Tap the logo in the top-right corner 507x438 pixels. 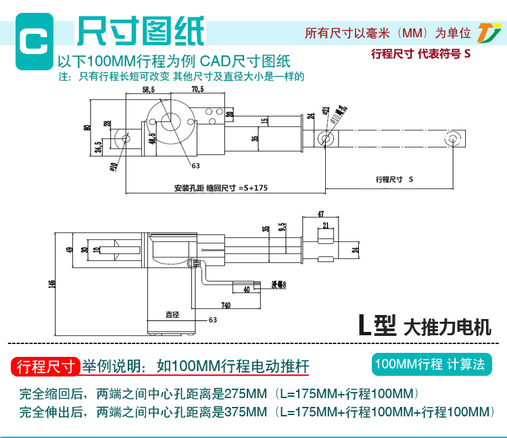click(486, 32)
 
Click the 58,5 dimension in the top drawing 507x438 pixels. click(148, 89)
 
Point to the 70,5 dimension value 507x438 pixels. click(197, 89)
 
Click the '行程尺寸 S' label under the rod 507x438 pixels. click(393, 180)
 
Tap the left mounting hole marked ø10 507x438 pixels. click(126, 137)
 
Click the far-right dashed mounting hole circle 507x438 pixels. click(454, 139)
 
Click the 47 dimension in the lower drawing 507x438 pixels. click(321, 214)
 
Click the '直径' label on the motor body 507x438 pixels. click(172, 314)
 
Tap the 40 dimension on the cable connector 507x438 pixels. click(246, 289)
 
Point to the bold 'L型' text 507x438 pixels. click(377, 327)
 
